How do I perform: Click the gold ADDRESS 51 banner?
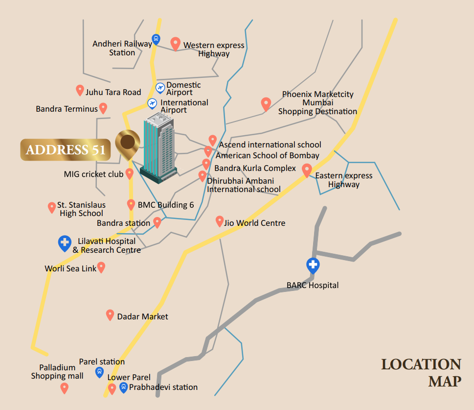pos(66,149)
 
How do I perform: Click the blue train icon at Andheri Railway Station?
pos(156,39)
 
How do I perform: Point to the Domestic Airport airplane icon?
pos(160,88)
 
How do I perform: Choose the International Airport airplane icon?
pos(153,103)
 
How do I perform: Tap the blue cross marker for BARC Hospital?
pos(313,265)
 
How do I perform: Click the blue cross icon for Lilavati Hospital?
pos(65,243)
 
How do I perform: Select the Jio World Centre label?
pos(254,223)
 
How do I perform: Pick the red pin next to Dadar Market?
pos(110,315)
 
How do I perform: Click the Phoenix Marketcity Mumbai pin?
pos(266,104)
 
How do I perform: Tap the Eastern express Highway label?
pos(343,180)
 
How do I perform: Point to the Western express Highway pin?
pos(175,44)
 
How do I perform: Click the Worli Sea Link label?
pos(70,268)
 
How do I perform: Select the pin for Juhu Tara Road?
pos(80,90)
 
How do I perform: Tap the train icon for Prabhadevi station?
pos(123,387)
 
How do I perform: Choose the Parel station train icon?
pos(100,372)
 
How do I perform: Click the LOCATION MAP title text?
pos(421,372)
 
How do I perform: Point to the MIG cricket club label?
pos(93,174)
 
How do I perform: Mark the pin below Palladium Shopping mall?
pos(64,388)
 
